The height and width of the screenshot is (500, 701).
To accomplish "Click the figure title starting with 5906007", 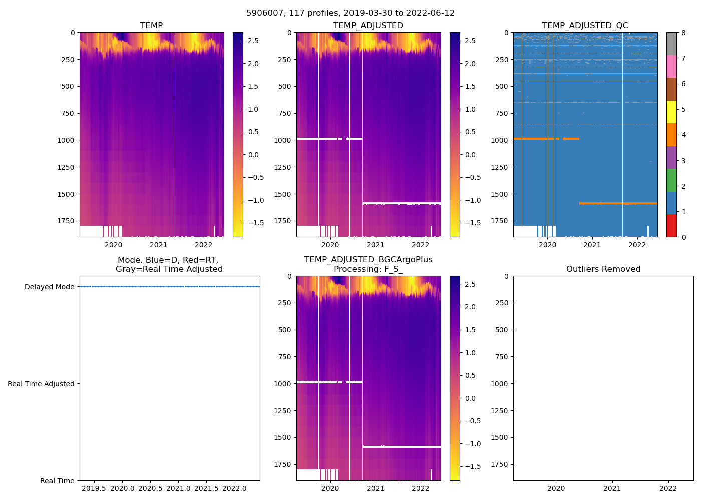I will (350, 13).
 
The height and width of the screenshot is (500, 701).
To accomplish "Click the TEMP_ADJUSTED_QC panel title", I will (585, 26).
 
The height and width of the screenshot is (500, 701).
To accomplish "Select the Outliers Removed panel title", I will (603, 269).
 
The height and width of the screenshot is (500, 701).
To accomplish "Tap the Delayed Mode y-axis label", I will (49, 287).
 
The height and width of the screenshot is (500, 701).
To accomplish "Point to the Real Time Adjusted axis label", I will (41, 384).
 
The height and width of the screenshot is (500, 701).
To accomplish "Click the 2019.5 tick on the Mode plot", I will (94, 488).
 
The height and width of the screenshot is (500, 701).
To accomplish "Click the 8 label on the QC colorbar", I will (683, 33).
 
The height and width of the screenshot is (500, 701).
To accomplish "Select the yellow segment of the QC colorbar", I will (671, 112).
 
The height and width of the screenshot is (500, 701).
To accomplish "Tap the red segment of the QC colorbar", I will (671, 226).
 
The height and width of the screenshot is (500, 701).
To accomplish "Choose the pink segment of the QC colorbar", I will (671, 66).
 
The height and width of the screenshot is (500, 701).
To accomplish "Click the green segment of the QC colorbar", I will (671, 180).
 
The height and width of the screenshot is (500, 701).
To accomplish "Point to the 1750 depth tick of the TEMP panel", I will (66, 221).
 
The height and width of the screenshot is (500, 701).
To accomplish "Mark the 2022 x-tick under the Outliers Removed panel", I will (668, 488).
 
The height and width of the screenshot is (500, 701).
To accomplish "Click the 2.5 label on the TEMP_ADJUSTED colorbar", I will (471, 41).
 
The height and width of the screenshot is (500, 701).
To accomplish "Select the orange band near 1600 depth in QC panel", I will (618, 203).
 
